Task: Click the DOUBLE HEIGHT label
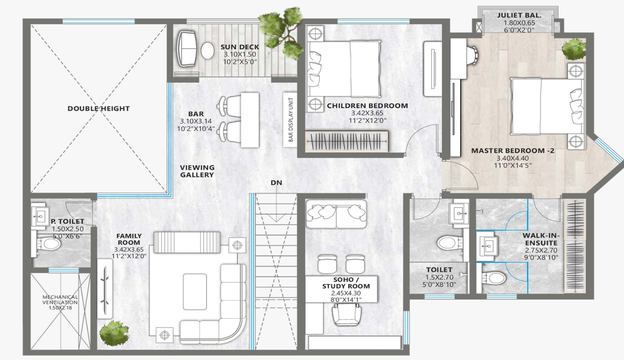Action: click(x=99, y=108)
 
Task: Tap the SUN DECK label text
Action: click(x=239, y=47)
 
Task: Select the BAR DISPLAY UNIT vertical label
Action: click(x=291, y=119)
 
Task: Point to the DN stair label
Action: click(x=277, y=183)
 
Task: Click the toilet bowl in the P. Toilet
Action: click(x=50, y=244)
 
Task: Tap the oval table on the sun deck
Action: click(x=207, y=51)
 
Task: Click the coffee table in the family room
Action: click(x=195, y=292)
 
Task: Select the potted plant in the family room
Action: click(x=114, y=333)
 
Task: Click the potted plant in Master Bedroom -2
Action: click(x=574, y=49)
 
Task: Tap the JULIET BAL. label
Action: click(x=519, y=16)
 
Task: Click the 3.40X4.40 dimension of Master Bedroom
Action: click(x=512, y=158)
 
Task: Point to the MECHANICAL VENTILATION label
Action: click(x=60, y=300)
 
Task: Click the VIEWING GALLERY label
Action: click(x=197, y=171)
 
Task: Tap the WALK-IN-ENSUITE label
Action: click(x=541, y=239)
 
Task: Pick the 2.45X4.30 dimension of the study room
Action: click(x=346, y=293)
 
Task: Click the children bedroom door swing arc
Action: click(x=415, y=134)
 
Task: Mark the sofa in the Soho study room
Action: click(x=336, y=214)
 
